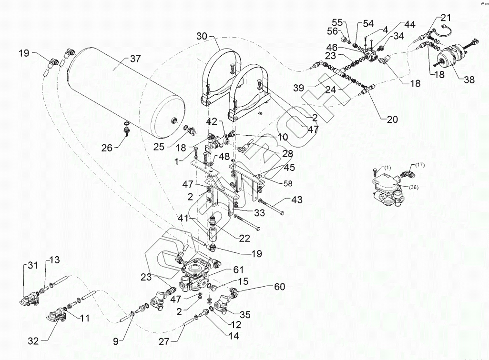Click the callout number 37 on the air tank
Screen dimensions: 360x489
(x=136, y=59)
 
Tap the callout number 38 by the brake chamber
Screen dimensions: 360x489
(x=469, y=80)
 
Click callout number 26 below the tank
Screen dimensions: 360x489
(x=107, y=148)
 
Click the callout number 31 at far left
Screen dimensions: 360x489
(x=32, y=266)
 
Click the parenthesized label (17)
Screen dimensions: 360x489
(x=419, y=164)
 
